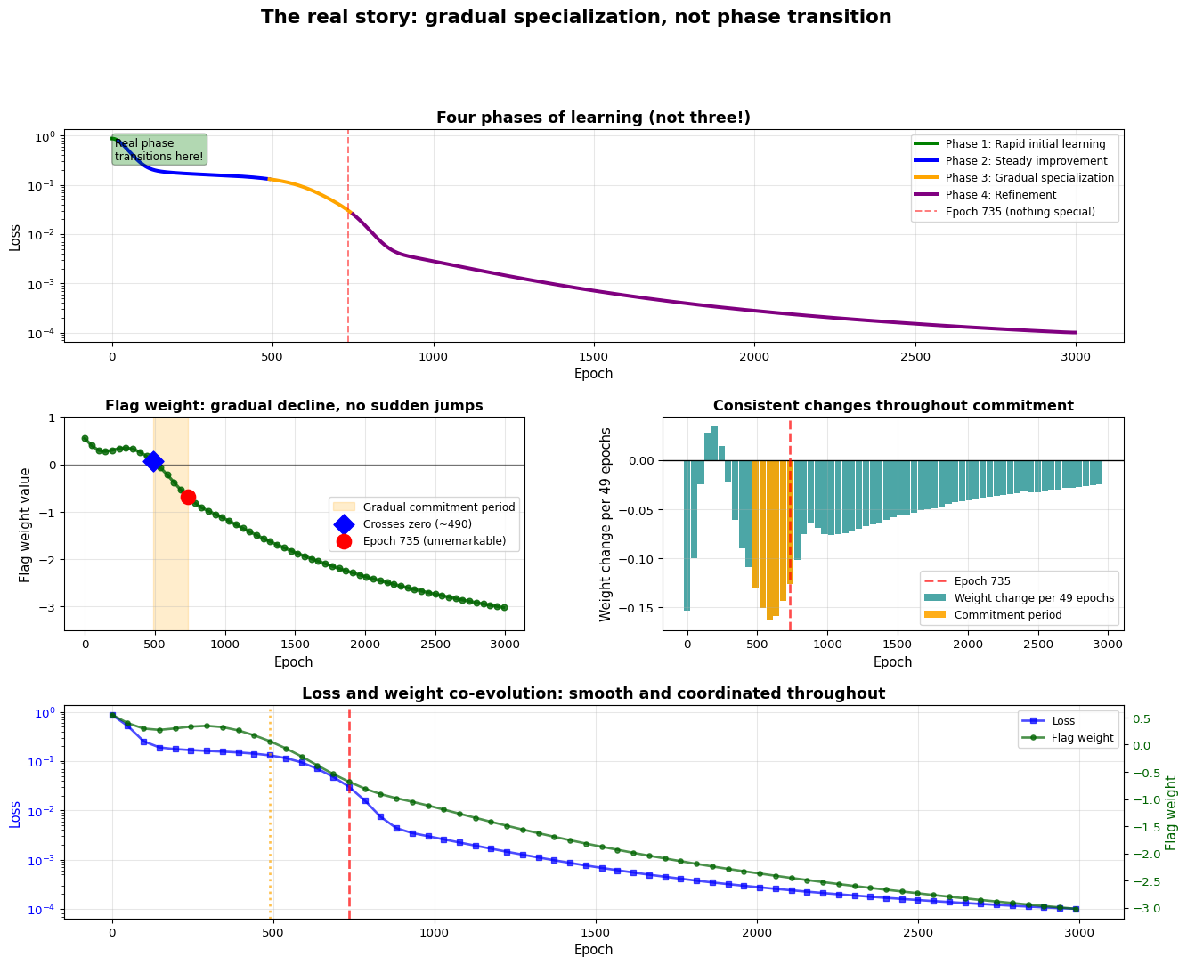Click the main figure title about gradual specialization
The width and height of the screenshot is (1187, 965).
click(x=575, y=17)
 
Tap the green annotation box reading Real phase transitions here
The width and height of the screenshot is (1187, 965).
click(x=159, y=150)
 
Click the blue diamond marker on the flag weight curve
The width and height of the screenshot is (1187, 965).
click(x=153, y=461)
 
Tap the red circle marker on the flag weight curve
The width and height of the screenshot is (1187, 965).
click(x=188, y=497)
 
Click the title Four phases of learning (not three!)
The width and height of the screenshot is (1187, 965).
click(x=593, y=118)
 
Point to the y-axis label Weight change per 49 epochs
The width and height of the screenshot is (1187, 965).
click(x=606, y=523)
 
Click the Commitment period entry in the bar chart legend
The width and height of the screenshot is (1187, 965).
click(x=1007, y=615)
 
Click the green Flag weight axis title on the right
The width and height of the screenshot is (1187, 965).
click(x=1171, y=813)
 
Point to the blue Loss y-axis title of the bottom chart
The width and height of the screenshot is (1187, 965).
click(x=14, y=813)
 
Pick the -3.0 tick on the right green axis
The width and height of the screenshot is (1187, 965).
click(x=1149, y=908)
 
